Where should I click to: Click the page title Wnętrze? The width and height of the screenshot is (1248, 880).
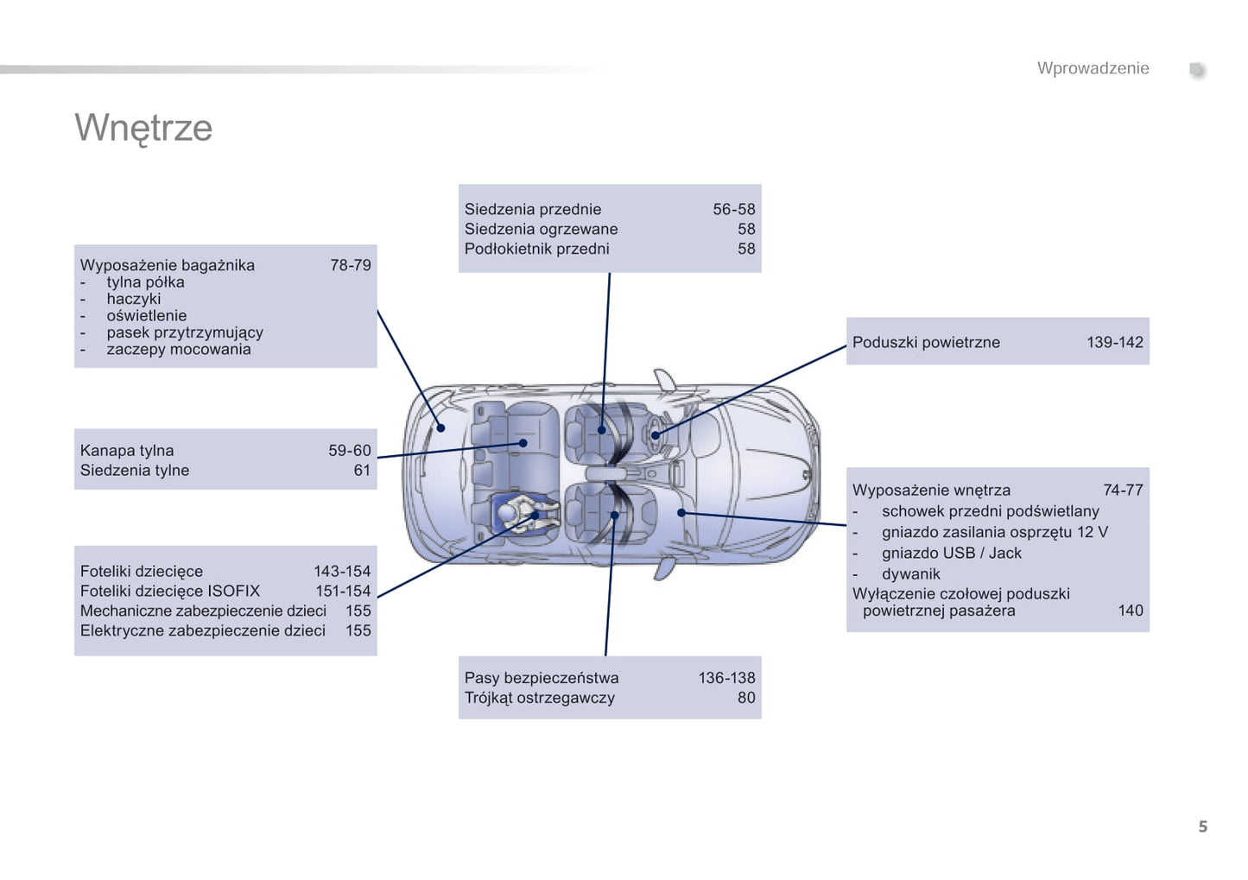point(143,128)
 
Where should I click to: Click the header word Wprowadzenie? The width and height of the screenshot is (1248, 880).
point(1093,68)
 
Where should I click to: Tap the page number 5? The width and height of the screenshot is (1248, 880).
point(1202,826)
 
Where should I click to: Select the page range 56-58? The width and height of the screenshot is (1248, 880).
point(733,209)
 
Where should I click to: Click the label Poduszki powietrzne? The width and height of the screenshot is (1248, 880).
point(926,342)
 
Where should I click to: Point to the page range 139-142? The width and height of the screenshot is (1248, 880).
point(1114,342)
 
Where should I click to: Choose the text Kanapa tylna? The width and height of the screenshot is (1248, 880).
point(127,450)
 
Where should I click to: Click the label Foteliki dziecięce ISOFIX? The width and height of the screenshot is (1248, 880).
point(170,591)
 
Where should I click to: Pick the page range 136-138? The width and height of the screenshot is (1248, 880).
point(726,678)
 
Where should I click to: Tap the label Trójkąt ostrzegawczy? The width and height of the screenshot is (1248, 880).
point(540,698)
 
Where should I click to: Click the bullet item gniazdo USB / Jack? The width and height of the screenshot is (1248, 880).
point(951,553)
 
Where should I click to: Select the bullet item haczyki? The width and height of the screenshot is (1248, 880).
point(134,299)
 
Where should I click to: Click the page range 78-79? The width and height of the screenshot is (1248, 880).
point(350,265)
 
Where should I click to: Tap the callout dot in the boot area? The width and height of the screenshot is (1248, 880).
point(440,427)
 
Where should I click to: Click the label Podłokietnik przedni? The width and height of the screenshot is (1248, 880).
point(536,249)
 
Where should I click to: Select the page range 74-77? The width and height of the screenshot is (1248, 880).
point(1123,490)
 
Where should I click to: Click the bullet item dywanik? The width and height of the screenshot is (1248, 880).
point(910,573)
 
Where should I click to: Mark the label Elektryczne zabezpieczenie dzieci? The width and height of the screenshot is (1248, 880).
point(203,630)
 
